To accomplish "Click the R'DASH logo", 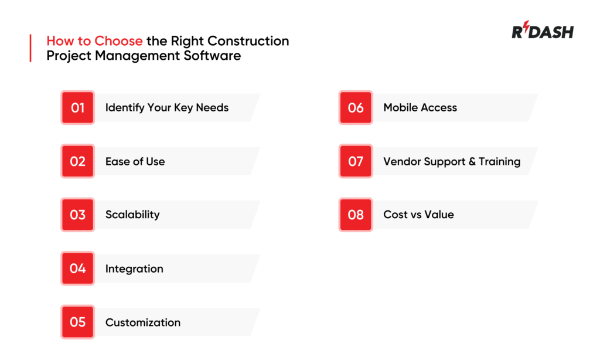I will point(542,32).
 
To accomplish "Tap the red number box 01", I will point(77,108).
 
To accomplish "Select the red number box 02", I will point(77,161).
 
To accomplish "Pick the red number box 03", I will point(77,215).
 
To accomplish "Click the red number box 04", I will point(77,269).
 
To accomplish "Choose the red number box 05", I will point(77,322).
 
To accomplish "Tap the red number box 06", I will point(356,108).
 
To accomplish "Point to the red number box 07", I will point(356,161).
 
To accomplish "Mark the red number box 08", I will point(356,215).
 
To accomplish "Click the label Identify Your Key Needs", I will point(167,108).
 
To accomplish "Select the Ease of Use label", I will point(135,161).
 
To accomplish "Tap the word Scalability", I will point(132,215).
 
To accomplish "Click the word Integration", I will point(134,269).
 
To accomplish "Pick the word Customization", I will point(143,322).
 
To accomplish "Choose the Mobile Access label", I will point(420,108).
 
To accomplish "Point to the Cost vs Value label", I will point(418,215).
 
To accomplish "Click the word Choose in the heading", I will point(120,42).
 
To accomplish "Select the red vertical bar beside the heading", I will point(30,49).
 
